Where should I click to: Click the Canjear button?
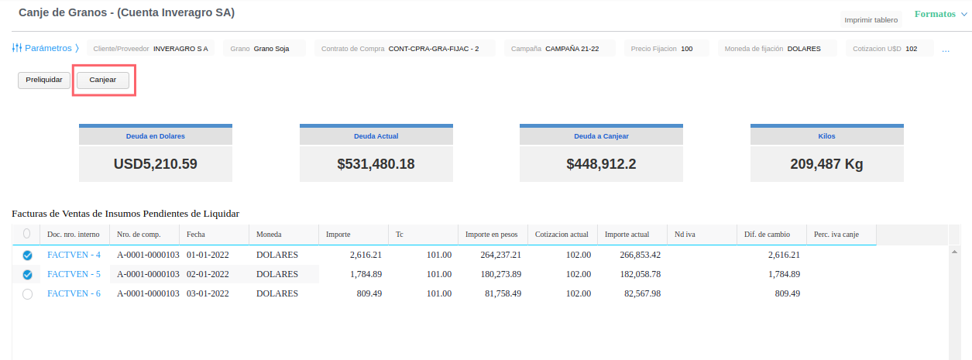[103, 81]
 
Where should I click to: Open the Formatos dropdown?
[941, 14]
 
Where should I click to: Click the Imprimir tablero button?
[871, 20]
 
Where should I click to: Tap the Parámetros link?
[46, 48]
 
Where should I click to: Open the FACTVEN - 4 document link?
[74, 255]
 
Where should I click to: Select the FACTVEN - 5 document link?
[74, 274]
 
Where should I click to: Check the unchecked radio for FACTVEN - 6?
[27, 294]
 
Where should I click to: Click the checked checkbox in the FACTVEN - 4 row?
[27, 255]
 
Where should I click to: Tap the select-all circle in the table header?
[26, 234]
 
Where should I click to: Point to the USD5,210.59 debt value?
[156, 164]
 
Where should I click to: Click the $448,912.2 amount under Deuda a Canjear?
[601, 164]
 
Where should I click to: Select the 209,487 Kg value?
[826, 164]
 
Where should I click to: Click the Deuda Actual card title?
[376, 136]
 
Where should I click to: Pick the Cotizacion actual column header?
[562, 235]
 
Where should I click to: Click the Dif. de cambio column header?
[767, 235]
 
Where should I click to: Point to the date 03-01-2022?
[208, 293]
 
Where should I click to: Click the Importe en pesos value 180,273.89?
[501, 274]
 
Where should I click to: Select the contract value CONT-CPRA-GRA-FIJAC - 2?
[434, 49]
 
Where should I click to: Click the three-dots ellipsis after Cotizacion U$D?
[946, 51]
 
